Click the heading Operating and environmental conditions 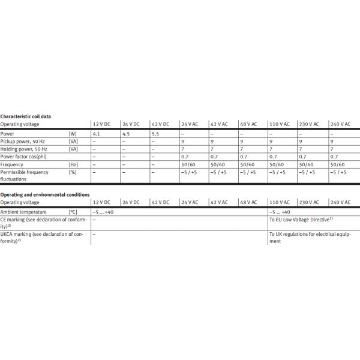45,194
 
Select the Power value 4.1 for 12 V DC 96,133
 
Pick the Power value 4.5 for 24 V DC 125,133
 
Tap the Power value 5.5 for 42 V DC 155,133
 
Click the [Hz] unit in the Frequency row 73,164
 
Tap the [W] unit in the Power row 73,133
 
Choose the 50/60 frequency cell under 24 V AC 188,164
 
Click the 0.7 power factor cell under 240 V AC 334,156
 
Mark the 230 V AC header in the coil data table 309,124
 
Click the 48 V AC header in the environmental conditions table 248,202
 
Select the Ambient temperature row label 26,212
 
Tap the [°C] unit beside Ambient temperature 73,212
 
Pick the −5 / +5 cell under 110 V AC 278,172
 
